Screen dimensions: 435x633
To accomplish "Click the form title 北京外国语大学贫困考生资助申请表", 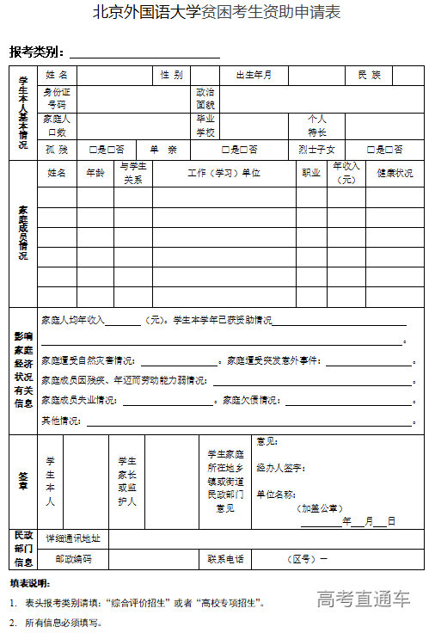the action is (x=217, y=13).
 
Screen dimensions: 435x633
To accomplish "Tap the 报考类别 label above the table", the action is (x=37, y=52).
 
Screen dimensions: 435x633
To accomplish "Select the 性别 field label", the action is (x=171, y=76).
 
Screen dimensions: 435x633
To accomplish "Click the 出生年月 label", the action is (x=254, y=76).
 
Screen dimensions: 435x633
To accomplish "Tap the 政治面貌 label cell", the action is (x=205, y=98).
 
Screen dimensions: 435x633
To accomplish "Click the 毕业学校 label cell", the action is (x=205, y=126).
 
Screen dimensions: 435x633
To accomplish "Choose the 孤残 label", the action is (x=57, y=150).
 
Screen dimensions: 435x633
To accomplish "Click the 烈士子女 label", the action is (x=316, y=150).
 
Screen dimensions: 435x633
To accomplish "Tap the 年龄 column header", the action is (x=95, y=173).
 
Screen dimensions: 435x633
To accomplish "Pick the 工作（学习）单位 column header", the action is (x=224, y=173).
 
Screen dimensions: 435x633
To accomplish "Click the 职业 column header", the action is (x=311, y=173).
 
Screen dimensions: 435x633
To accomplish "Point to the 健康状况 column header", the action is (x=395, y=173).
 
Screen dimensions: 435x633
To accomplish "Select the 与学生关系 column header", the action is (x=132, y=173).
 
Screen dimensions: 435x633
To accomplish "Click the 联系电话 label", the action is (x=224, y=559).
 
